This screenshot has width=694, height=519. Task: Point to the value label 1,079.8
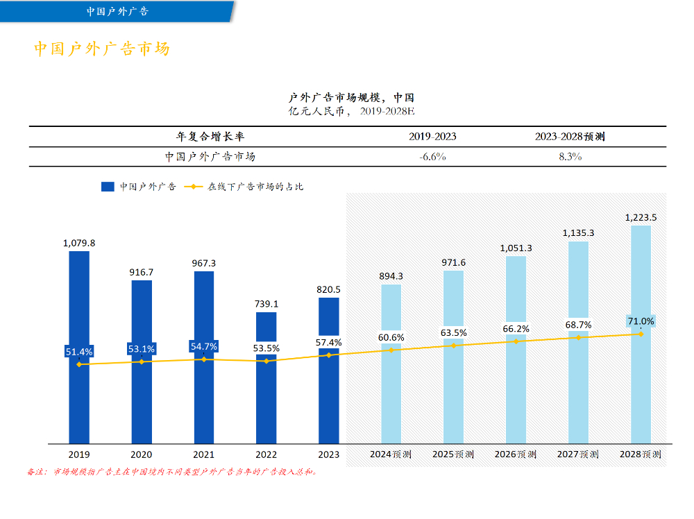point(79,243)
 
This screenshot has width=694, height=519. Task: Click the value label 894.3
point(391,276)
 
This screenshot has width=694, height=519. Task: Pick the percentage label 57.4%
point(329,343)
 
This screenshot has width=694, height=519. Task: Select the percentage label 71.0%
point(641,321)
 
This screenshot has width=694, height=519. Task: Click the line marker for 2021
point(204,359)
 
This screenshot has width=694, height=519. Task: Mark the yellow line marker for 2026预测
point(516,341)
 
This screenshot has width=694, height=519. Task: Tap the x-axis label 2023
point(329,454)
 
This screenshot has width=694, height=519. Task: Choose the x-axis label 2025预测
point(453,454)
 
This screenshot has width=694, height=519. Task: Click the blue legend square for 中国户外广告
point(108,187)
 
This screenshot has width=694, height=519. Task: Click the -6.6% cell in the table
point(432,157)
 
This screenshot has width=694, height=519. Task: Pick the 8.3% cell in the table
point(570,157)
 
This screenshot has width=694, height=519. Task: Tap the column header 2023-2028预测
point(570,137)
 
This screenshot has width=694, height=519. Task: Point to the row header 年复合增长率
point(210,137)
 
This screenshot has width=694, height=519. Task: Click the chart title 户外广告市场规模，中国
point(351,98)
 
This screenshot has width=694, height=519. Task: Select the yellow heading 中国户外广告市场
point(102,49)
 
